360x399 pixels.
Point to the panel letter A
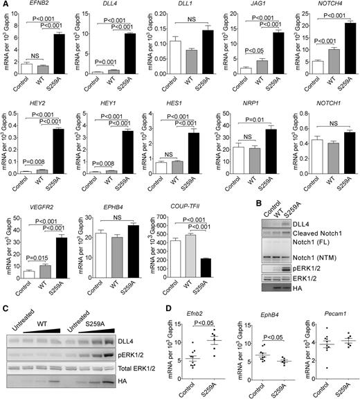click(5, 5)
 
